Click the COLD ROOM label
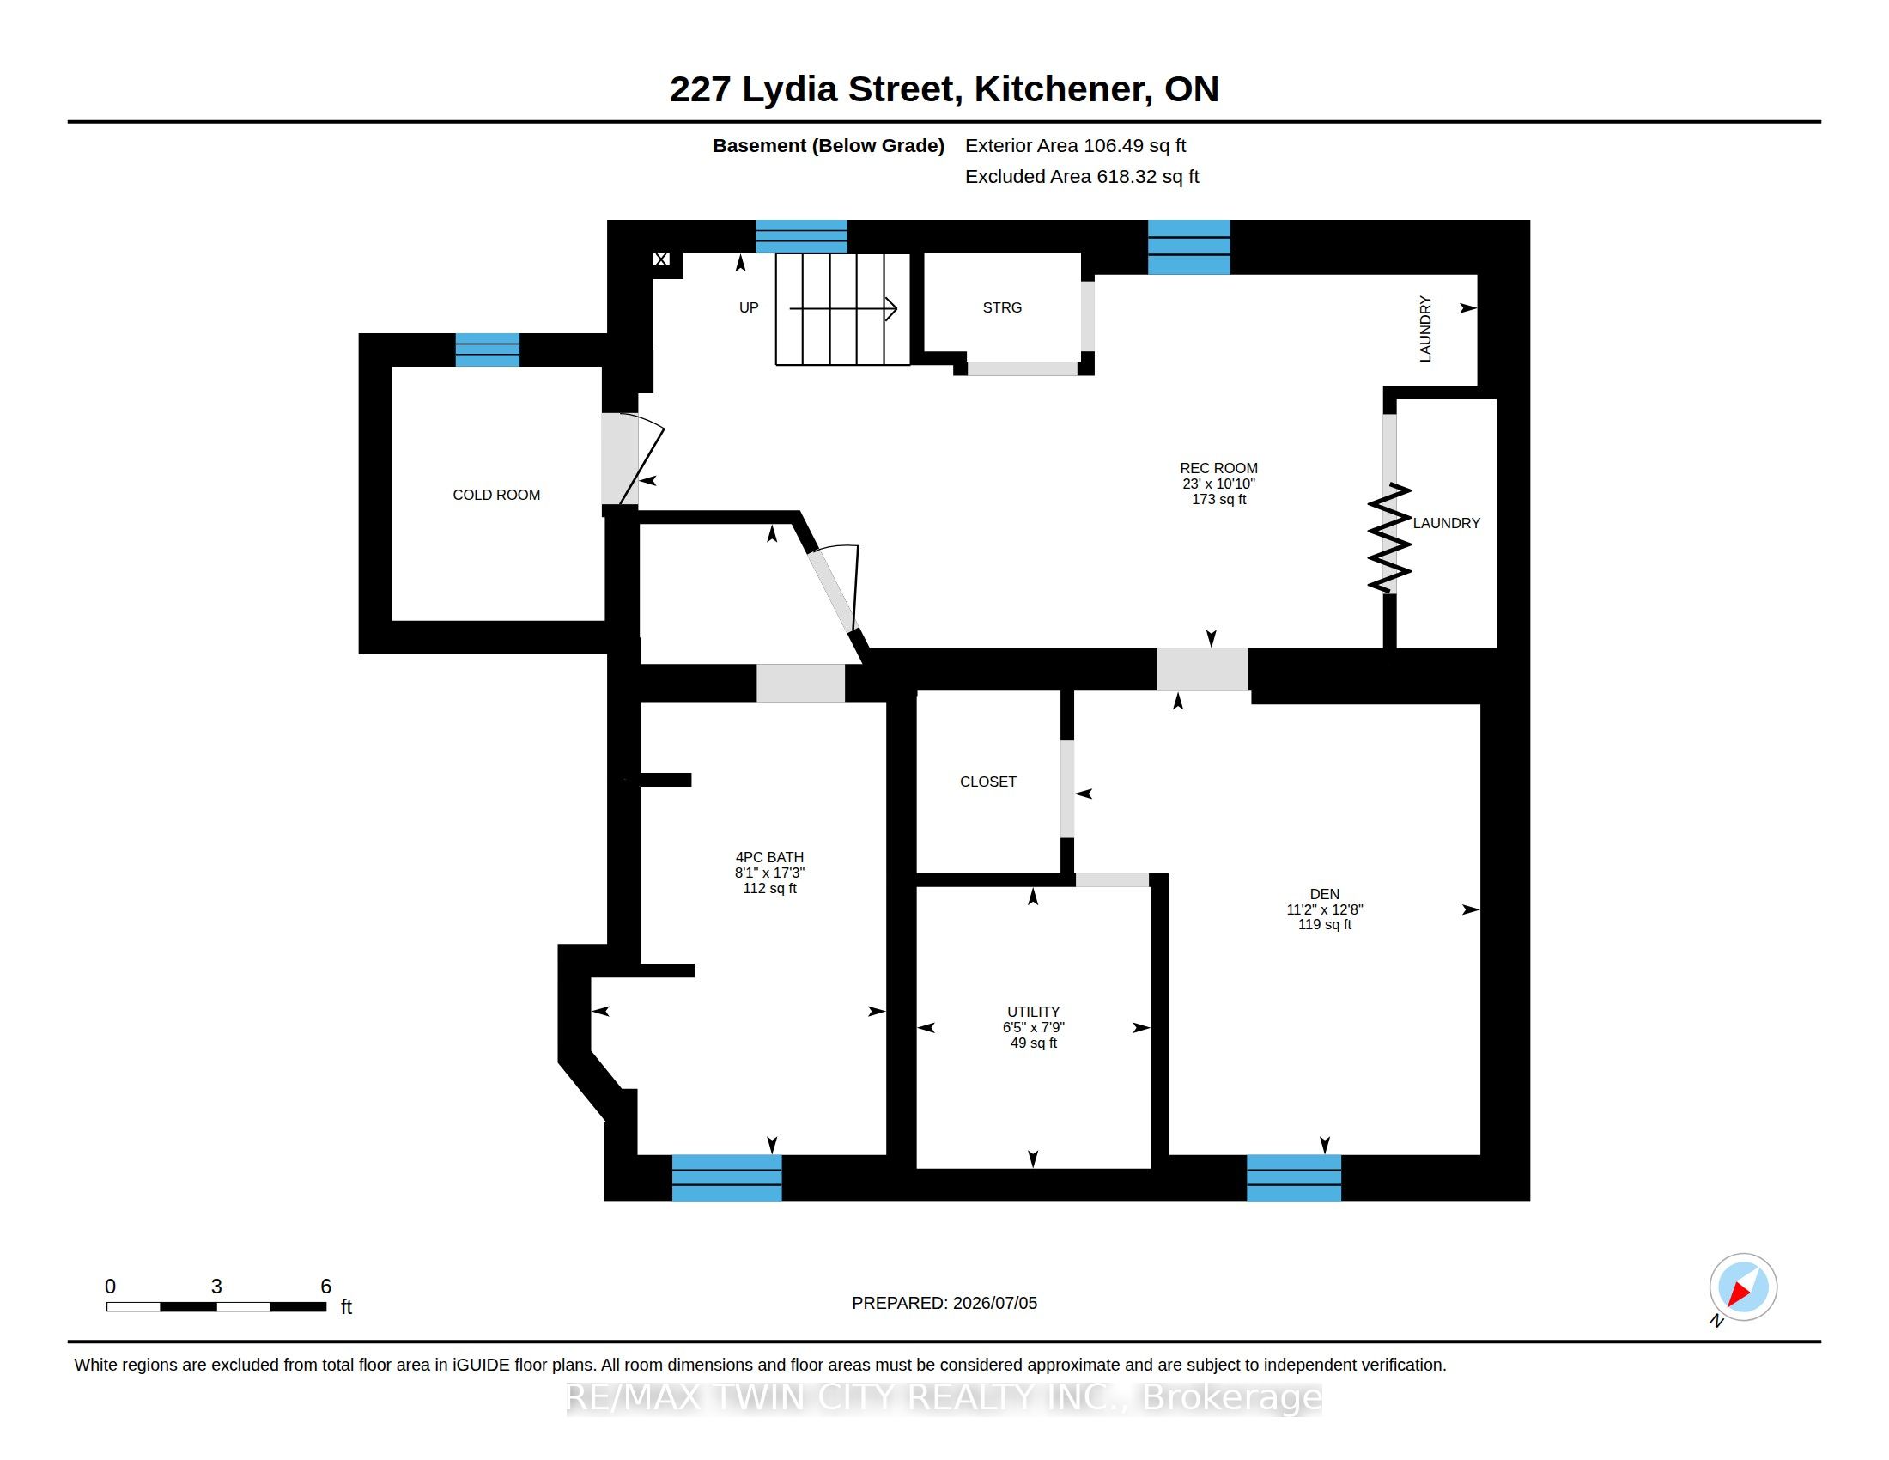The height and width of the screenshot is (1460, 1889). coord(496,495)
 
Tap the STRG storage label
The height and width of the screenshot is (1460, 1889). coord(1001,308)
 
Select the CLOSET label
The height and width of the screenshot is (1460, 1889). coord(987,782)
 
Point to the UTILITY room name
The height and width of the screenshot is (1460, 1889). coord(1033,1012)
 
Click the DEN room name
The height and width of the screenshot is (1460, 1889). coord(1324,894)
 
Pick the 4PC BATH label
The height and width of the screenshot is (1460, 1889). coord(770,857)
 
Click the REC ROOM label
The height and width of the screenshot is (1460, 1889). coord(1218,468)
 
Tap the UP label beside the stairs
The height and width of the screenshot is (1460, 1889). coord(749,308)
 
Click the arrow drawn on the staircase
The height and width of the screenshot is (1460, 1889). coord(843,308)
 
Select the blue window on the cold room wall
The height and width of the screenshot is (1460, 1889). coord(488,350)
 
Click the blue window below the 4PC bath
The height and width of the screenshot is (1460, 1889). coord(726,1178)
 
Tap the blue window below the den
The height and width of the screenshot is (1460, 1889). coord(1294,1178)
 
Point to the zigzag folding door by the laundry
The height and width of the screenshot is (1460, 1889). coord(1389,538)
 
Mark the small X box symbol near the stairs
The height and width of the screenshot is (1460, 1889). coord(661,259)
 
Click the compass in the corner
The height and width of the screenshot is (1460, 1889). coord(1743,1287)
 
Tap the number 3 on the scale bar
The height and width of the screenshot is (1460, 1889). coord(216,1287)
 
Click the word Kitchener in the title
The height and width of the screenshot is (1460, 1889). coord(1063,89)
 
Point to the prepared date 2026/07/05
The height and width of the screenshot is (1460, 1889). coord(994,1303)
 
